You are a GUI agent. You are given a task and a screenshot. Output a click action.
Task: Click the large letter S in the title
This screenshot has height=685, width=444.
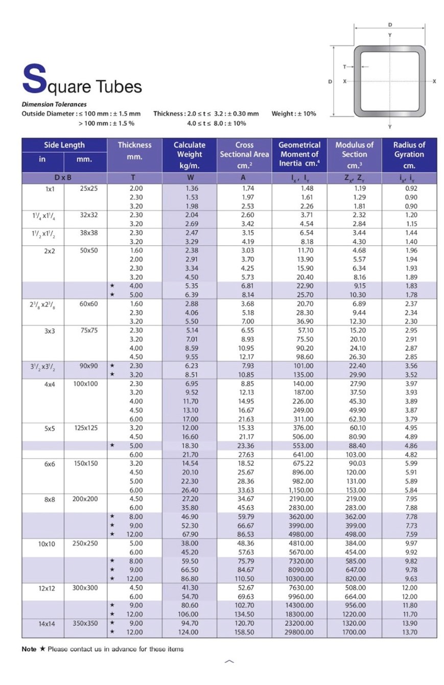click(x=34, y=79)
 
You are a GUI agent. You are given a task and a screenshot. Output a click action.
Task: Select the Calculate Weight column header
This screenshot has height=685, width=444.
click(x=189, y=155)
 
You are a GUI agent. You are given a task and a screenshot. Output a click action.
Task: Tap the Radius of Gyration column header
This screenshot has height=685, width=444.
click(x=409, y=155)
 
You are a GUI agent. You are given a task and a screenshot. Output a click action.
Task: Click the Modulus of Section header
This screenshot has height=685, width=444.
click(x=354, y=155)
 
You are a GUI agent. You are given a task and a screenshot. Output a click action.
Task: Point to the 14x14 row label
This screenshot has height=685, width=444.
click(x=46, y=624)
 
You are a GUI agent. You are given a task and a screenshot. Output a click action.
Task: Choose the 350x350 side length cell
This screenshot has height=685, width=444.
click(x=85, y=624)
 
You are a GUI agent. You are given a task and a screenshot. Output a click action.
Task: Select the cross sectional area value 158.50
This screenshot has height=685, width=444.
click(x=244, y=632)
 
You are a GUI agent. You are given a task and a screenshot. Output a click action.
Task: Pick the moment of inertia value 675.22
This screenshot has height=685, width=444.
click(x=299, y=464)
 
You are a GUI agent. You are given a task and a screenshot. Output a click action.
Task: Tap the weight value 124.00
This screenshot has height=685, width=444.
click(x=189, y=632)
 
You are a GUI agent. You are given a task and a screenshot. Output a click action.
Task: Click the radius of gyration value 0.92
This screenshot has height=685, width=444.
click(x=411, y=188)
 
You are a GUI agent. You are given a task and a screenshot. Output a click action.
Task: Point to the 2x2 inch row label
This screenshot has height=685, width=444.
click(x=49, y=251)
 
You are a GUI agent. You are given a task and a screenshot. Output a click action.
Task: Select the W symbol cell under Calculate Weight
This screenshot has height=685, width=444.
click(x=189, y=178)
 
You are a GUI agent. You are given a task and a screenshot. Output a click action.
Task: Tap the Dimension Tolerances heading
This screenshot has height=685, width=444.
click(x=54, y=104)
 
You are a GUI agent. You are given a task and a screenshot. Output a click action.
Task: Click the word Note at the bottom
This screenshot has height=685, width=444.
click(x=29, y=649)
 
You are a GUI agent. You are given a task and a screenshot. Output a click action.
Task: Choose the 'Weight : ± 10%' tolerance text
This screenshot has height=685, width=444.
click(x=294, y=113)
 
